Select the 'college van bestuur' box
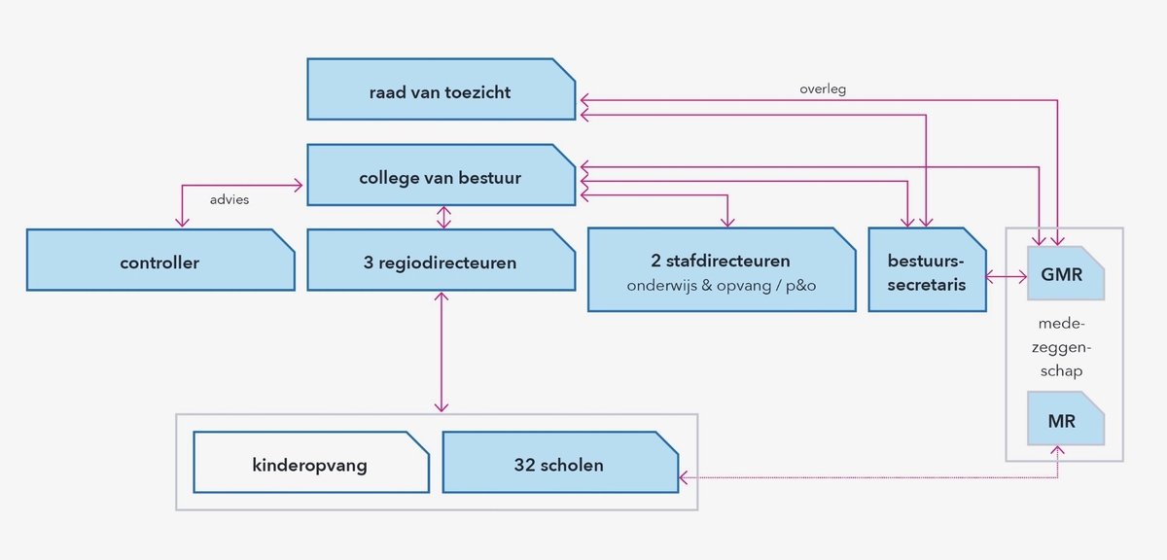click(x=441, y=176)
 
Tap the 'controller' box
click(x=159, y=261)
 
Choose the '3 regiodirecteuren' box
click(x=441, y=261)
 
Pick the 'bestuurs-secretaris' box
click(x=926, y=269)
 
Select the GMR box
click(x=1065, y=273)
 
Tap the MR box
click(x=1065, y=421)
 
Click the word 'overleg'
click(x=823, y=88)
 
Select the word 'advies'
click(x=230, y=199)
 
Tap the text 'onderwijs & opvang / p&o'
click(x=721, y=285)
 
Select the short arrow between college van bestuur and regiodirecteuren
click(x=444, y=217)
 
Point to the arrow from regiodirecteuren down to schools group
click(x=443, y=350)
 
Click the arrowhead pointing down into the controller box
click(x=182, y=223)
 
